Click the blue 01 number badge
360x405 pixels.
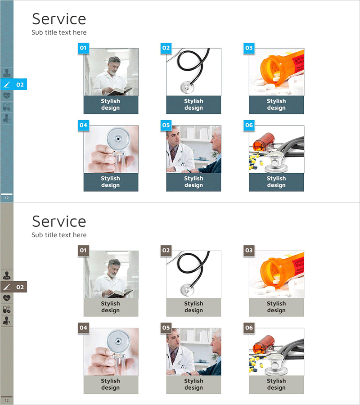pyautogui.click(x=83, y=48)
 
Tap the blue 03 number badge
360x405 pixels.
pyautogui.click(x=249, y=48)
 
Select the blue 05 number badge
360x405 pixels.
pyautogui.click(x=166, y=126)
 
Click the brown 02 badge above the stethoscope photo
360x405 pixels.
pyautogui.click(x=166, y=251)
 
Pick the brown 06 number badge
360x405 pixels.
pyautogui.click(x=249, y=328)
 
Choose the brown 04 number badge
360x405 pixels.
pyautogui.click(x=83, y=328)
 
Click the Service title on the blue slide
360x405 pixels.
pyautogui.click(x=59, y=19)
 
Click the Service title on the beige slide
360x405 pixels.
pyautogui.click(x=59, y=221)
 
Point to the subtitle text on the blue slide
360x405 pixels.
pyautogui.click(x=59, y=32)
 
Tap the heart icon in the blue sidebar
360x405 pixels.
pyautogui.click(x=7, y=95)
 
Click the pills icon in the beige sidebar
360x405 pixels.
pyautogui.click(x=7, y=310)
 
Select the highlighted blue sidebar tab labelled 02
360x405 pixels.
pyautogui.click(x=13, y=85)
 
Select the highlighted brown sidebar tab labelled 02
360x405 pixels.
pyautogui.click(x=13, y=287)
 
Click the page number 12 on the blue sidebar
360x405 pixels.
pyautogui.click(x=7, y=198)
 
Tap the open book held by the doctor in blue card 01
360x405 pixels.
pyautogui.click(x=121, y=90)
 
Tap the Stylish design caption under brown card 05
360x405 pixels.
pyautogui.click(x=193, y=384)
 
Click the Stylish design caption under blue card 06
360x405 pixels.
pyautogui.click(x=276, y=182)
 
